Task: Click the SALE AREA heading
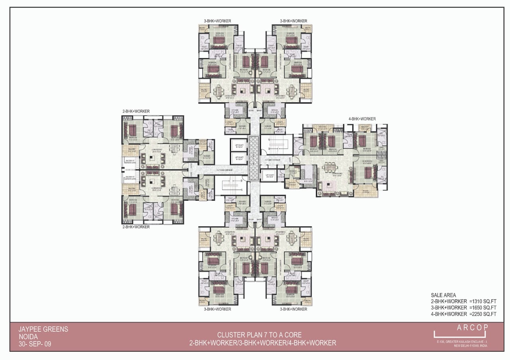443,295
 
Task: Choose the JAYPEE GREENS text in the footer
43,329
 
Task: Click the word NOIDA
27,336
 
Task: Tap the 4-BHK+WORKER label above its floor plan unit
362,119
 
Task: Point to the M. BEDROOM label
367,162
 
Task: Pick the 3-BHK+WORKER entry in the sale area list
449,308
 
